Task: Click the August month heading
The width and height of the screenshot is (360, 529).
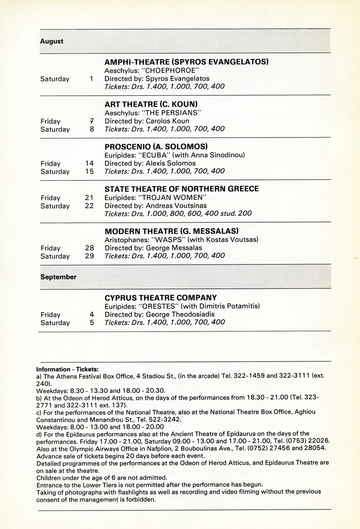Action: [x=52, y=41]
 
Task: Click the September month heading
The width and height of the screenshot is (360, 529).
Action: [x=58, y=277]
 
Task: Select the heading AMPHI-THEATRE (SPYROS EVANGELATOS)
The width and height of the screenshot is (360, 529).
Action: [x=187, y=62]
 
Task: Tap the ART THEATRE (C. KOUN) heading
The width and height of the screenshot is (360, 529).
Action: [x=151, y=104]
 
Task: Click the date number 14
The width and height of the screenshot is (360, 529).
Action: [x=89, y=163]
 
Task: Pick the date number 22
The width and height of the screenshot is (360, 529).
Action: [x=89, y=206]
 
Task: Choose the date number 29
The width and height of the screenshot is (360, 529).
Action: [x=89, y=256]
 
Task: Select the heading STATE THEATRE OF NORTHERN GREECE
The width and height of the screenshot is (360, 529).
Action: [x=182, y=189]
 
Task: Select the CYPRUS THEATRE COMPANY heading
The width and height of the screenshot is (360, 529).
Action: [x=161, y=298]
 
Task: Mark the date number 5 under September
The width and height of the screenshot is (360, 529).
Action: [x=91, y=323]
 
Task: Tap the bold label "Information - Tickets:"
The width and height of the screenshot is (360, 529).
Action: [x=67, y=369]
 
